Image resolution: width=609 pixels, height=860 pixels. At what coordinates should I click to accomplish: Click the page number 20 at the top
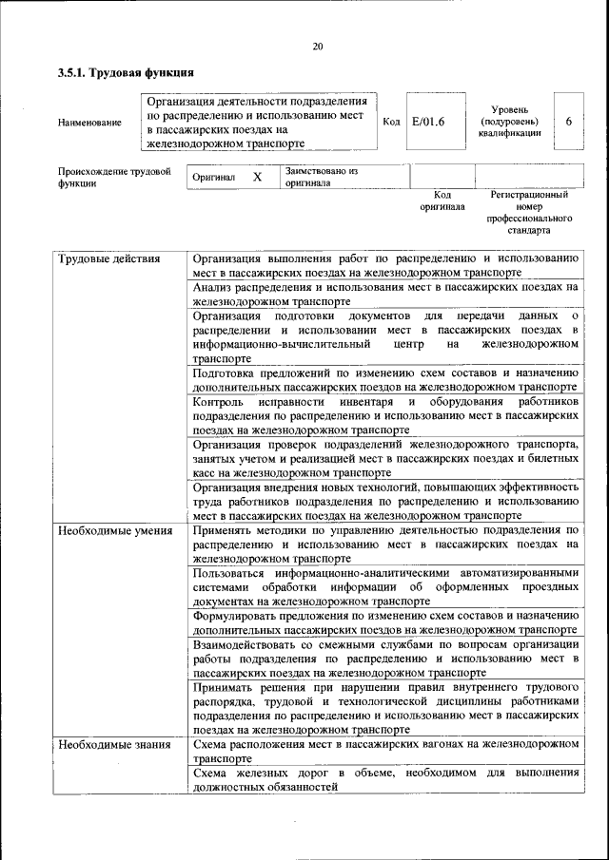(x=317, y=47)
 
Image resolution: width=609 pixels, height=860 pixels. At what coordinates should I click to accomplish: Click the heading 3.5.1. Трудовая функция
(x=126, y=73)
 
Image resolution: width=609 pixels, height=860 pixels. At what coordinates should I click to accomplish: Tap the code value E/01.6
(x=428, y=122)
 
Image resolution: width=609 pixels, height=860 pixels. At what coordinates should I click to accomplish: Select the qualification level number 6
(x=568, y=122)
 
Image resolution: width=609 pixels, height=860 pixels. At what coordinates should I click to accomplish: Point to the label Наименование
(x=89, y=123)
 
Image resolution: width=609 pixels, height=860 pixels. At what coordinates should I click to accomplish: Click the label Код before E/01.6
(x=391, y=122)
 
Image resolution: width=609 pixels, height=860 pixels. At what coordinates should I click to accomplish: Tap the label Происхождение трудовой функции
(x=113, y=178)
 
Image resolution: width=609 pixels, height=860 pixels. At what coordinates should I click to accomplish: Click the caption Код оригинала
(x=442, y=201)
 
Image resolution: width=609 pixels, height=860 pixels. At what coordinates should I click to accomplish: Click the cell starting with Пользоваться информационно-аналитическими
(x=384, y=587)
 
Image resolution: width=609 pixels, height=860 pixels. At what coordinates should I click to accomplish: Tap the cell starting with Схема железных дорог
(x=384, y=779)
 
